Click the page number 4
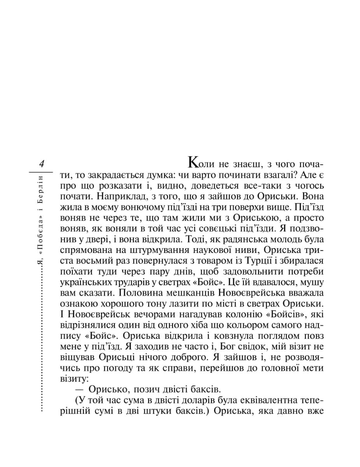41,163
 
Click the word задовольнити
247,270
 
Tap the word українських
82,281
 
